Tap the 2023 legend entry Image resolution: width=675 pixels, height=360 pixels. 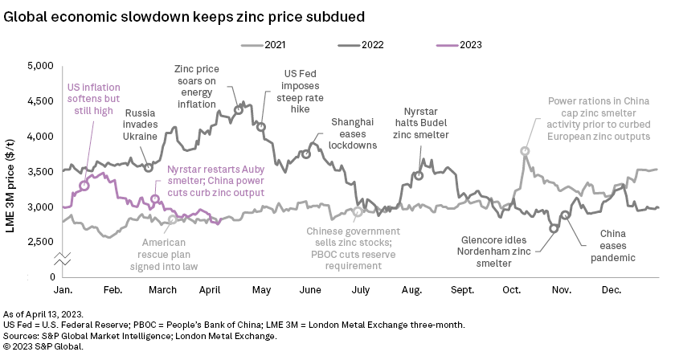[467, 45]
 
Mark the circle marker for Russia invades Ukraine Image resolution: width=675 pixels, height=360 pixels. [149, 167]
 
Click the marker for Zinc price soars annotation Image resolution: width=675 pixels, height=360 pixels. [238, 110]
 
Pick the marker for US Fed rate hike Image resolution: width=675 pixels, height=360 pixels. [260, 127]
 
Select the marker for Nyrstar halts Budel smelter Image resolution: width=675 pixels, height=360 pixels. [418, 175]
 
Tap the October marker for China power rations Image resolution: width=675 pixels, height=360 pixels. [525, 151]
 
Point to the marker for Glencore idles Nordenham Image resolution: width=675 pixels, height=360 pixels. [554, 228]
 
